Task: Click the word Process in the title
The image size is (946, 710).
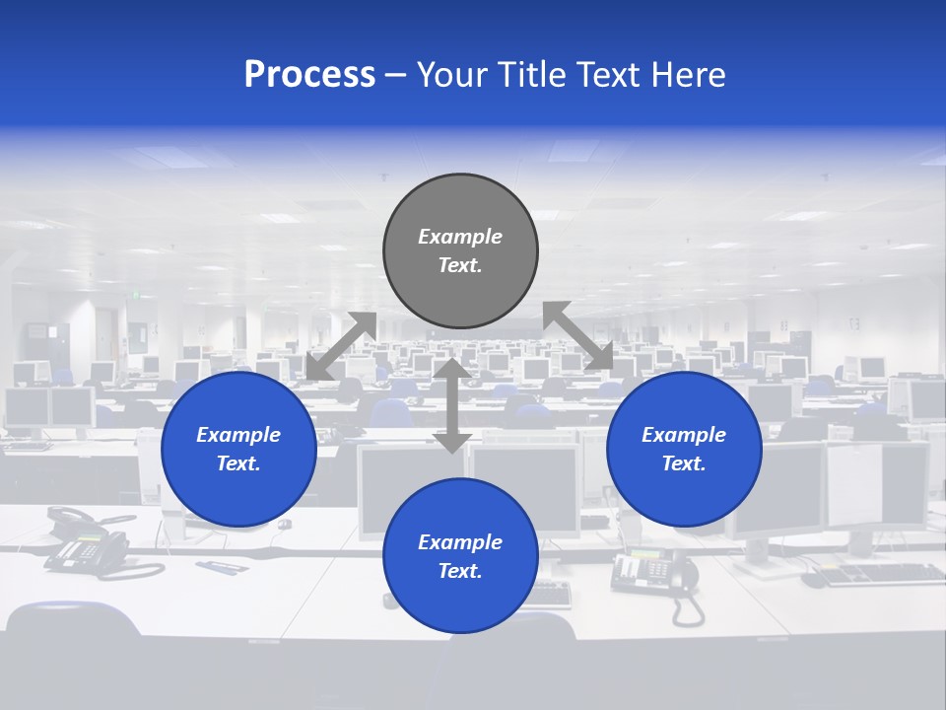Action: (x=309, y=75)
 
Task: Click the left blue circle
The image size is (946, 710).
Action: (x=238, y=449)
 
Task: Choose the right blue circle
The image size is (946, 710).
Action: (x=684, y=449)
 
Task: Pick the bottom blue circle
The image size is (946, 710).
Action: (x=460, y=555)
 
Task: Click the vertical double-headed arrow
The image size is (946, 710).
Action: (x=452, y=406)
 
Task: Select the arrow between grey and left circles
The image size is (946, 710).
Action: (x=341, y=346)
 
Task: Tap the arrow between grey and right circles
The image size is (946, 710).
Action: (x=578, y=336)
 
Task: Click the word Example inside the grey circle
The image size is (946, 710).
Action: (x=460, y=237)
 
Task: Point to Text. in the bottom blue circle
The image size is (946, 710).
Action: (x=460, y=571)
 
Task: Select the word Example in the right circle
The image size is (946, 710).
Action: (x=684, y=435)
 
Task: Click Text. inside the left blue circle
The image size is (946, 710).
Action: (x=238, y=463)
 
